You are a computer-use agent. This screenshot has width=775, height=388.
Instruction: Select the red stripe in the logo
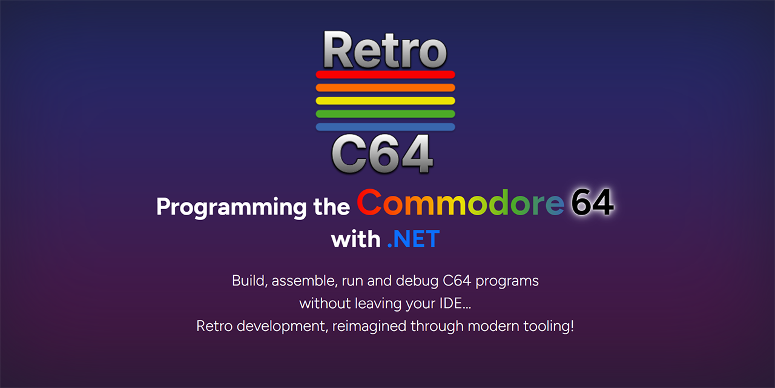385,75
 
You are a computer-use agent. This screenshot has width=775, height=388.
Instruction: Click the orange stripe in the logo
385,88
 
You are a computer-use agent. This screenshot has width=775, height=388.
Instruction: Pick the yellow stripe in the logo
385,101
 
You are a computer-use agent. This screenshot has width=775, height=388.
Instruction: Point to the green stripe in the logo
385,114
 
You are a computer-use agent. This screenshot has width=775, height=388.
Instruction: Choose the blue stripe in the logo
385,127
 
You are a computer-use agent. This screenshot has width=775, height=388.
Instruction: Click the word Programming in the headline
231,207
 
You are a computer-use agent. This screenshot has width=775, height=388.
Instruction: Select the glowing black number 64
592,203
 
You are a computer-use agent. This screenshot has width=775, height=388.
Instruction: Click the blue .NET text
413,239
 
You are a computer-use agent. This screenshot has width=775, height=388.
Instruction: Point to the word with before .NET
355,239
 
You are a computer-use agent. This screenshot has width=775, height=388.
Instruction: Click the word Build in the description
248,281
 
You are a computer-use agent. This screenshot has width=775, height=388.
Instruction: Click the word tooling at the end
549,326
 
